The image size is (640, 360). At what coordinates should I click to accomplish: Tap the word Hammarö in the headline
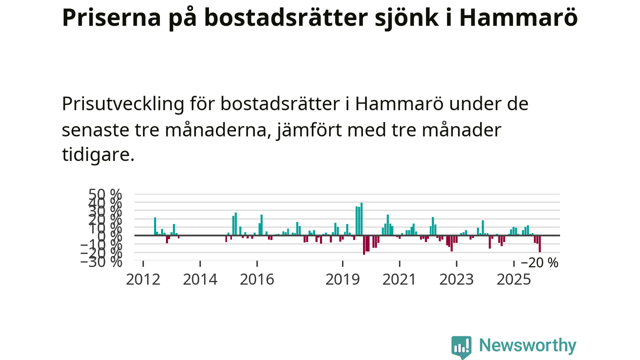pos(518,18)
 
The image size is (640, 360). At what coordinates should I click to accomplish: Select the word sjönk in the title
pos(401,18)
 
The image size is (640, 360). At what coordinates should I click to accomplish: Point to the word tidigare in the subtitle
pos(97,154)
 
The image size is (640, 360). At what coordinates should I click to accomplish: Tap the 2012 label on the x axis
pos(143,279)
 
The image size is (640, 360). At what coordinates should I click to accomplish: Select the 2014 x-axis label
pos(200,279)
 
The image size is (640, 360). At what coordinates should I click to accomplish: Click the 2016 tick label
pos(257,279)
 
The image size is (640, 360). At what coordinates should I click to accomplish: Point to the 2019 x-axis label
pos(342,279)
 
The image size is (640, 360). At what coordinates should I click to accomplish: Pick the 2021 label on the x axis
pos(399,279)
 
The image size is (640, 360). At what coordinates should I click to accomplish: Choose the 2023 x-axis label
pos(456,279)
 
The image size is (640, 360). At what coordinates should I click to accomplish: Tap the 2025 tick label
pos(513,279)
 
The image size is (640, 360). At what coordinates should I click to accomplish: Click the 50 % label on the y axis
pos(104,194)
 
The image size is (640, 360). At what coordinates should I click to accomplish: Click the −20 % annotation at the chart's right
pos(539,263)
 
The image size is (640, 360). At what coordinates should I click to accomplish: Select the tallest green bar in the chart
pos(361,218)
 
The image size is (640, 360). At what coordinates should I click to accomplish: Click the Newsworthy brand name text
pos(527,345)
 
